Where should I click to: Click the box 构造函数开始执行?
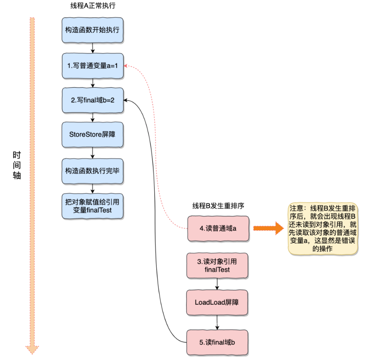92,30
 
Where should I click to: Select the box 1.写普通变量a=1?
92,65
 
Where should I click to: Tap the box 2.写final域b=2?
92,100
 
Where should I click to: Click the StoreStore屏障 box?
92,135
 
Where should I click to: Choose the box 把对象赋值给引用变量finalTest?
92,205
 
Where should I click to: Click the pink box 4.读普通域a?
218,228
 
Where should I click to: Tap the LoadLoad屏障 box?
217,303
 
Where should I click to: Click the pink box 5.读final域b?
217,342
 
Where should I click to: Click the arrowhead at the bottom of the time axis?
32,349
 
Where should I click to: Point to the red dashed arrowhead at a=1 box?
126,66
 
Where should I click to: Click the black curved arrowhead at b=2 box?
126,100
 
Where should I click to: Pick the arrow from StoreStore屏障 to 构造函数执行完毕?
93,153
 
